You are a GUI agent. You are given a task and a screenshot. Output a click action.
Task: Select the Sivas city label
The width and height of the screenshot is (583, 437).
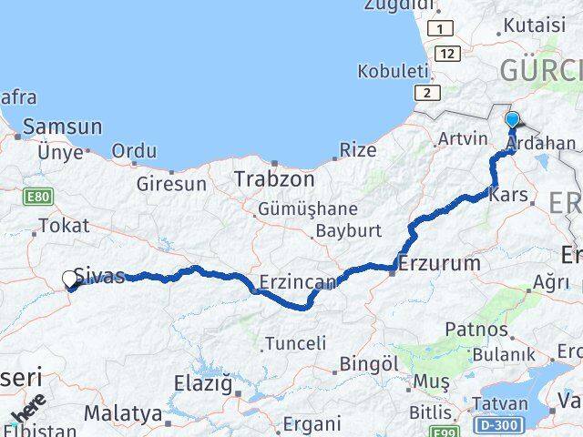tap(99, 277)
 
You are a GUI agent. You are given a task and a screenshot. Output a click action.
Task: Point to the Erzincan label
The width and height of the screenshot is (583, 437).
tap(297, 281)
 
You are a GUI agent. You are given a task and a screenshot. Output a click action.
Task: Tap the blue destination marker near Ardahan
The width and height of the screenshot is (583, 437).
tap(512, 120)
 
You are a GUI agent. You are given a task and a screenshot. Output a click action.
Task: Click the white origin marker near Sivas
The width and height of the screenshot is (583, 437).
tap(70, 279)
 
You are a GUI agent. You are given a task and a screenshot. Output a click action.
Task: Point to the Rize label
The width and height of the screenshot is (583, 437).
tap(358, 149)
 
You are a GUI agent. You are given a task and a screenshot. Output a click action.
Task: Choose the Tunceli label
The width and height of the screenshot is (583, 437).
tap(294, 344)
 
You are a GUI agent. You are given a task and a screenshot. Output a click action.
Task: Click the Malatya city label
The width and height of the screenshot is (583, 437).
tap(122, 413)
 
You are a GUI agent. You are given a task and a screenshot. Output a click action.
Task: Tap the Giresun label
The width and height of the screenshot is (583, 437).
tap(171, 184)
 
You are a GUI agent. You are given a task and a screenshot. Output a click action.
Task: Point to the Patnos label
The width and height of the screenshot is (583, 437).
tap(476, 328)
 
